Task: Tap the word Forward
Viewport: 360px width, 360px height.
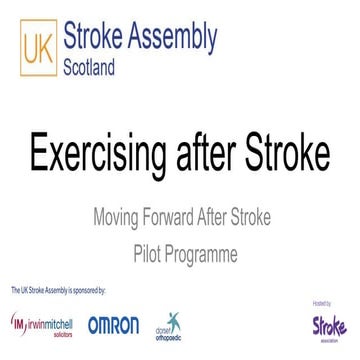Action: [181, 215]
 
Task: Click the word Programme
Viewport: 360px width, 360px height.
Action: [202, 253]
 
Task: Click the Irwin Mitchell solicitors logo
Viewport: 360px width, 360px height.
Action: [46, 325]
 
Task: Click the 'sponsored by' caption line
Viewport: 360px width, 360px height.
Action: [58, 289]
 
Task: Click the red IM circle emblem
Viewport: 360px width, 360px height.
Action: [18, 324]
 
